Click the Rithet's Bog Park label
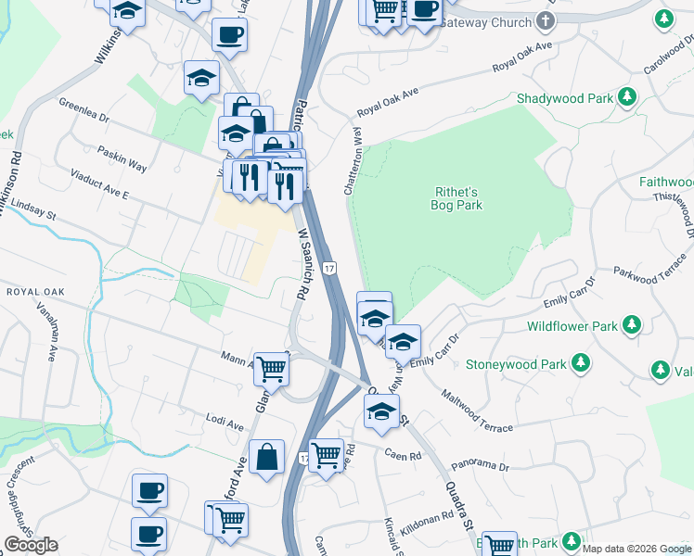(x=456, y=198)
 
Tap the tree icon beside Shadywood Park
(x=627, y=96)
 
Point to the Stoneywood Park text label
(x=516, y=364)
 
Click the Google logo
(x=31, y=545)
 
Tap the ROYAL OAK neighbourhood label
(x=33, y=292)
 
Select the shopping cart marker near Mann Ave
(x=272, y=368)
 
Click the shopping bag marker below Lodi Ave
(x=266, y=457)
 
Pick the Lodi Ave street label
(x=225, y=423)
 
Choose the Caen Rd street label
(x=404, y=456)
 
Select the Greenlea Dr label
(x=84, y=111)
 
